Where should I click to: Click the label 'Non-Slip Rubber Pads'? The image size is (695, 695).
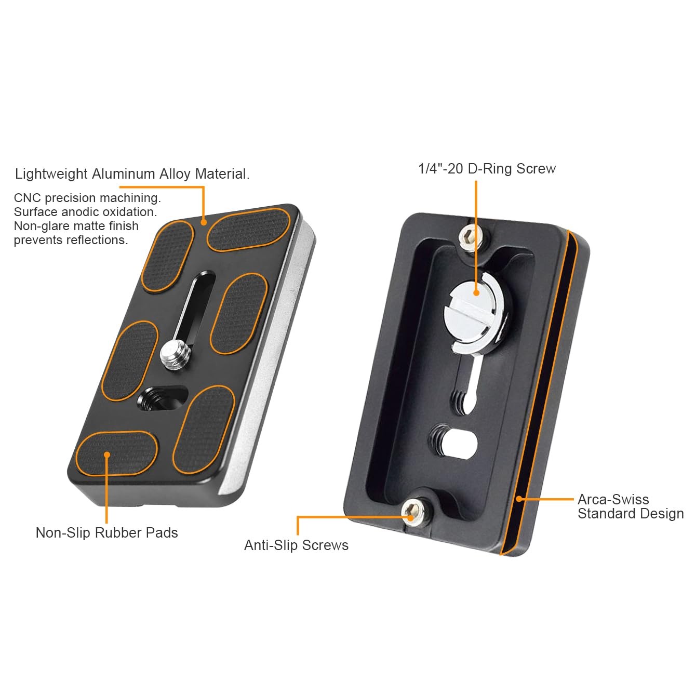point(106,532)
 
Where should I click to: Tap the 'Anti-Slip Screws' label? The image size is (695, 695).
point(296,545)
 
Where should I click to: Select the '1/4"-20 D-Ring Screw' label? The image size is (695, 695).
point(487,169)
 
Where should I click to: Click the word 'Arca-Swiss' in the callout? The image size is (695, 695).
point(613,499)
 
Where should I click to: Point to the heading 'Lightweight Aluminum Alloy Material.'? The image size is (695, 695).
point(132,174)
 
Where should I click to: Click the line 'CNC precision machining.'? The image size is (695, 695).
point(87,198)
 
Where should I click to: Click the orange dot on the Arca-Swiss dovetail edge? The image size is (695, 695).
point(519,499)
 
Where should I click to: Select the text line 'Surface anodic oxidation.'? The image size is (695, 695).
point(85,212)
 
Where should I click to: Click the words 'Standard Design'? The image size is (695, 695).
point(631,514)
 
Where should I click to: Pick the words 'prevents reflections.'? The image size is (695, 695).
point(71,240)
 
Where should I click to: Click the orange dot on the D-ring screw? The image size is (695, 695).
point(476,293)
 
